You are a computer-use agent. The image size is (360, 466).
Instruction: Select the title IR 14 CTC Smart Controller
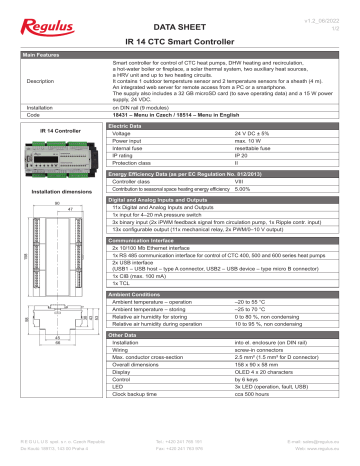coord(180,46)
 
